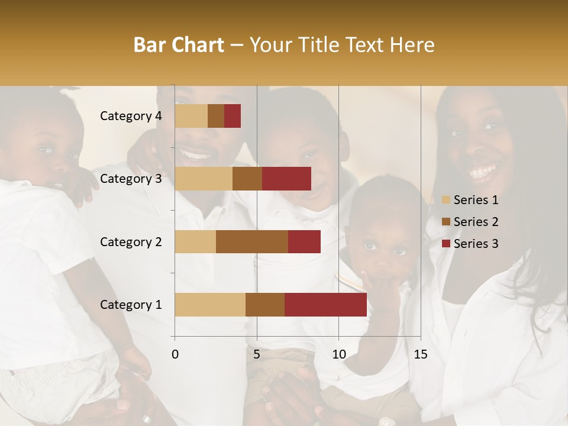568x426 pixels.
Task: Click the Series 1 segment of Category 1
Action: [210, 305]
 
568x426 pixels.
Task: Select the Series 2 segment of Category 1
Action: [265, 305]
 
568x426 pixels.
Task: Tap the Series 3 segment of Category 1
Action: [325, 305]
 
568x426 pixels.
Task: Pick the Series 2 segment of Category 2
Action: [252, 241]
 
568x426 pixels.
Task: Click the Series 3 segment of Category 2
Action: [304, 241]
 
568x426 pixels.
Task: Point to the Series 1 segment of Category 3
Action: [204, 179]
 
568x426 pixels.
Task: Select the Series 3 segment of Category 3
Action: [286, 179]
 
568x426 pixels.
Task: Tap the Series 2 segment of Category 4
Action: [216, 116]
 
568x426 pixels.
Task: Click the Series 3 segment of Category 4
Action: [233, 116]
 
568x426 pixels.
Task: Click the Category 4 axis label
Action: [131, 116]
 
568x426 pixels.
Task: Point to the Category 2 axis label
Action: [131, 241]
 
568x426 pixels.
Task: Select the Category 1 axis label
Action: [131, 305]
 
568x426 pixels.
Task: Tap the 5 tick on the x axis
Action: [257, 354]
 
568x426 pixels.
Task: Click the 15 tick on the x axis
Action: [420, 354]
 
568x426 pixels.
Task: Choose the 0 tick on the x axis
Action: [175, 354]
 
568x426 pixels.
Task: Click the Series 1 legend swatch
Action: [446, 200]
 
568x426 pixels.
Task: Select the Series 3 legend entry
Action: [470, 244]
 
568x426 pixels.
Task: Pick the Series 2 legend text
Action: [476, 222]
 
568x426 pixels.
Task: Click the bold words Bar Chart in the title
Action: [179, 45]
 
